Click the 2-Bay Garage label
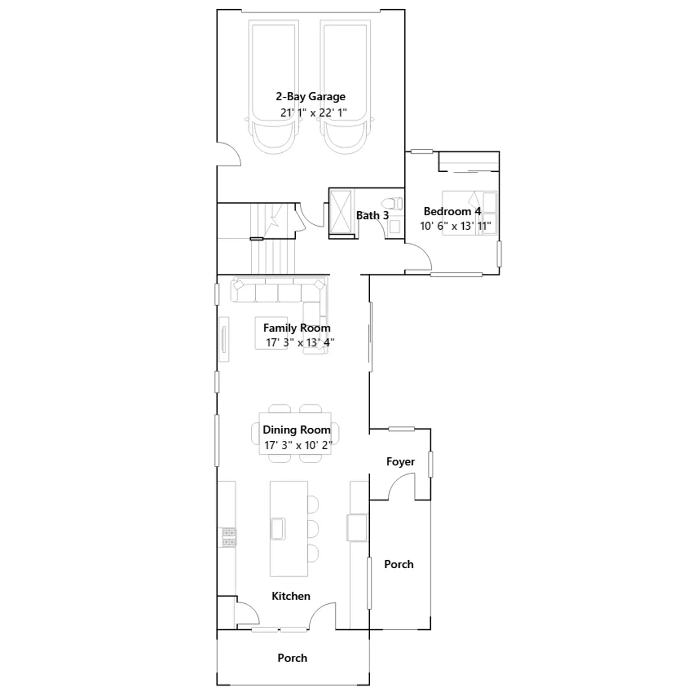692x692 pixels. [x=311, y=97]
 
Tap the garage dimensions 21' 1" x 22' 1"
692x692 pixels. [x=314, y=112]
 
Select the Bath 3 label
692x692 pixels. [x=372, y=215]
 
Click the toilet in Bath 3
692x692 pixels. [x=393, y=203]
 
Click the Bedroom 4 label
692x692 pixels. [x=452, y=211]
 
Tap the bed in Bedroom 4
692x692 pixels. [x=469, y=213]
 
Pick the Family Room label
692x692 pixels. [x=297, y=328]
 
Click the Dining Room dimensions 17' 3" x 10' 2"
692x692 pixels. [x=298, y=445]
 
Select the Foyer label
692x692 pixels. [x=400, y=462]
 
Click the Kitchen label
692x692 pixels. [x=291, y=596]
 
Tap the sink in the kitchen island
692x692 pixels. [x=278, y=529]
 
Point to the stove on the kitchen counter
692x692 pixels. [x=229, y=537]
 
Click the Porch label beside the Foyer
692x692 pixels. [x=399, y=564]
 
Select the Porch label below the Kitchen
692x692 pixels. [x=292, y=658]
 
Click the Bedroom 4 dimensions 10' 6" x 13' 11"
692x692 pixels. [x=455, y=226]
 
